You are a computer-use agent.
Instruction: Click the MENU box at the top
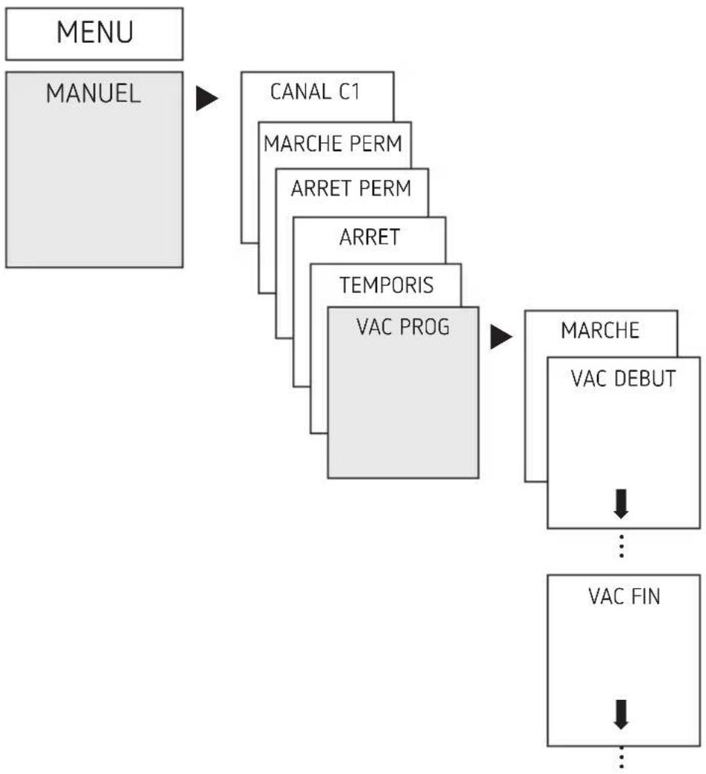click(x=94, y=33)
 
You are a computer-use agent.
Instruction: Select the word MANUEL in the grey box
click(x=93, y=93)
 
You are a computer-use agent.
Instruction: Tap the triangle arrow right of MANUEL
click(x=207, y=99)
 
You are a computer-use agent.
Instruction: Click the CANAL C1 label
click(x=315, y=92)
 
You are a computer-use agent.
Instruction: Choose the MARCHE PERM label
click(x=333, y=144)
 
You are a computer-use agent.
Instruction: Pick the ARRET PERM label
click(x=351, y=188)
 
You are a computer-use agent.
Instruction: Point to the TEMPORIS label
click(x=386, y=285)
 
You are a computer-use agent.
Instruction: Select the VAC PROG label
click(x=403, y=327)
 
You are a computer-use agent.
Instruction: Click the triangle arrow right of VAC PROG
click(x=501, y=337)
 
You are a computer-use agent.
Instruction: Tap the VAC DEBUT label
click(x=623, y=378)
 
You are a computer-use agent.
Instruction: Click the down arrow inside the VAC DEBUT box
click(x=621, y=504)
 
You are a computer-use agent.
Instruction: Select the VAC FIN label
click(x=624, y=596)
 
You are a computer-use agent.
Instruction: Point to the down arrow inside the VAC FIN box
click(x=621, y=714)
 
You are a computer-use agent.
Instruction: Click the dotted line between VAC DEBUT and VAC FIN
click(x=621, y=546)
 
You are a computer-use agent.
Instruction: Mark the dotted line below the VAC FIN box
click(x=621, y=760)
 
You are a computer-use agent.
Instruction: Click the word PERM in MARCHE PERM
click(x=376, y=144)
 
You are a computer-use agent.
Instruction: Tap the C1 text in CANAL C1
click(x=349, y=92)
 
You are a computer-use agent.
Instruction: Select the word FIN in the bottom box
click(x=645, y=596)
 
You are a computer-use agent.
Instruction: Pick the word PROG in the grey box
click(x=424, y=327)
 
